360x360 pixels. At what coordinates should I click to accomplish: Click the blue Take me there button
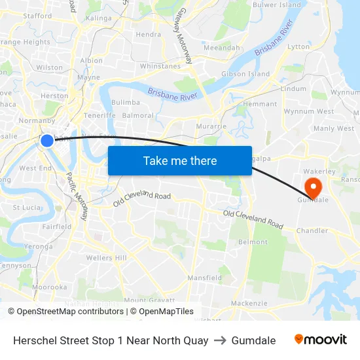pyautogui.click(x=180, y=160)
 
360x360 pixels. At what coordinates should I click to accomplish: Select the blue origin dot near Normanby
pyautogui.click(x=47, y=140)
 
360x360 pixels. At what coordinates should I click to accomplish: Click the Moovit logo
pyautogui.click(x=321, y=340)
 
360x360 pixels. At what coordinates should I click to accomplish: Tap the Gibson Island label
pyautogui.click(x=245, y=74)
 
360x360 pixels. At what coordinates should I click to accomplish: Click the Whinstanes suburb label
pyautogui.click(x=160, y=66)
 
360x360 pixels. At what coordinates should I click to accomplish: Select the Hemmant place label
pyautogui.click(x=260, y=104)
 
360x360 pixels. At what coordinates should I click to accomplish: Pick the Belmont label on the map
pyautogui.click(x=253, y=242)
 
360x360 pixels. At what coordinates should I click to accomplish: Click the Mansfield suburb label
pyautogui.click(x=205, y=278)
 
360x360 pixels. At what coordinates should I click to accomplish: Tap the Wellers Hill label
pyautogui.click(x=107, y=258)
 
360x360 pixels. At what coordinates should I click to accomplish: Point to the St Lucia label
pyautogui.click(x=26, y=207)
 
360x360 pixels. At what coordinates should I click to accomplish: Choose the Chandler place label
pyautogui.click(x=312, y=230)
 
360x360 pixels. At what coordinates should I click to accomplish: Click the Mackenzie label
pyautogui.click(x=249, y=303)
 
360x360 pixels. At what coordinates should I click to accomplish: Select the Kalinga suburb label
pyautogui.click(x=98, y=18)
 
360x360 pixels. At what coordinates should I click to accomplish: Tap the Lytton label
pyautogui.click(x=298, y=47)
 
